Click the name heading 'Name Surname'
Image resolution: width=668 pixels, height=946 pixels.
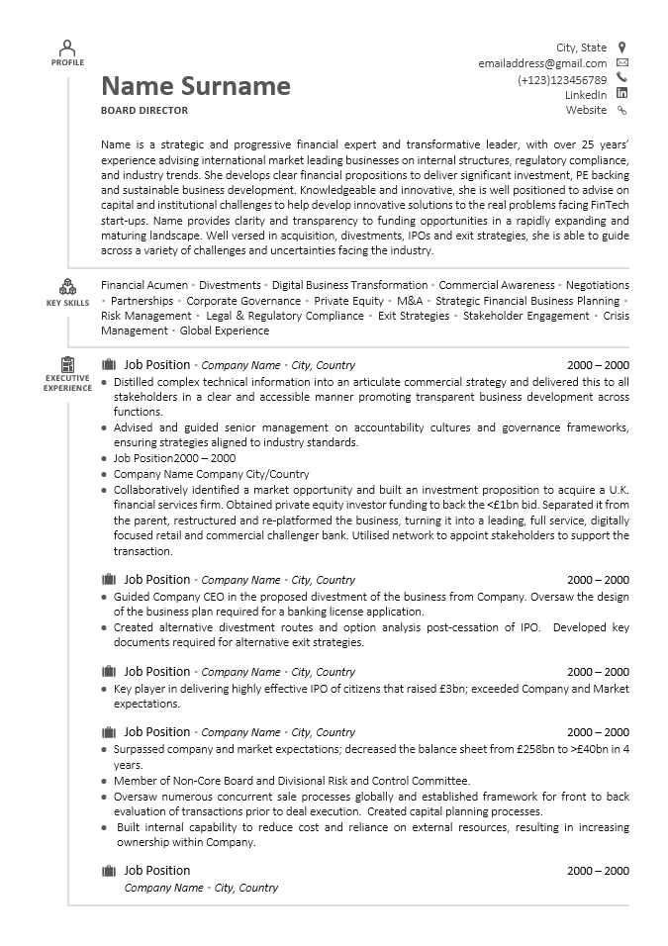click(x=196, y=87)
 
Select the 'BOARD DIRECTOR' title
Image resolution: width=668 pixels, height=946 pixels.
click(x=144, y=111)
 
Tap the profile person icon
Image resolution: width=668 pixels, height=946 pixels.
click(x=67, y=47)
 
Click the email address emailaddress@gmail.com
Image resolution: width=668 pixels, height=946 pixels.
click(x=542, y=63)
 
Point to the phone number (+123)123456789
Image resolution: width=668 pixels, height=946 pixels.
click(x=562, y=80)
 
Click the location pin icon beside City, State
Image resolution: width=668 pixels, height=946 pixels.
click(x=621, y=47)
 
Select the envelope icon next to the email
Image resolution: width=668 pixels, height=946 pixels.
click(x=621, y=62)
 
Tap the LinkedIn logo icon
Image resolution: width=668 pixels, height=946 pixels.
click(x=621, y=94)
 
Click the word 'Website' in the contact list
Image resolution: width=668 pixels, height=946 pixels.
click(x=586, y=111)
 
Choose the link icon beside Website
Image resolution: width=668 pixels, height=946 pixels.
click(x=621, y=111)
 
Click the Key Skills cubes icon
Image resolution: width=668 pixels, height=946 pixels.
click(x=67, y=287)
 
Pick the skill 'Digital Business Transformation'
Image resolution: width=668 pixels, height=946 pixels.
click(x=349, y=285)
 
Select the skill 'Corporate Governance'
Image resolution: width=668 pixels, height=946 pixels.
click(x=243, y=301)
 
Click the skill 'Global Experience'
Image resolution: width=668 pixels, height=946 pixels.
click(x=225, y=331)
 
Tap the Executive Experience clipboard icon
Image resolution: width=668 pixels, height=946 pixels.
click(x=67, y=364)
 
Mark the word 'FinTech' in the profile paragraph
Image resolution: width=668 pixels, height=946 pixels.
click(x=610, y=205)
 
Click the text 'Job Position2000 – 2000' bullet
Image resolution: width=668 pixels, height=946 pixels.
click(x=174, y=458)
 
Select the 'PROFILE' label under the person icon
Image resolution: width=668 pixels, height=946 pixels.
click(x=67, y=62)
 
